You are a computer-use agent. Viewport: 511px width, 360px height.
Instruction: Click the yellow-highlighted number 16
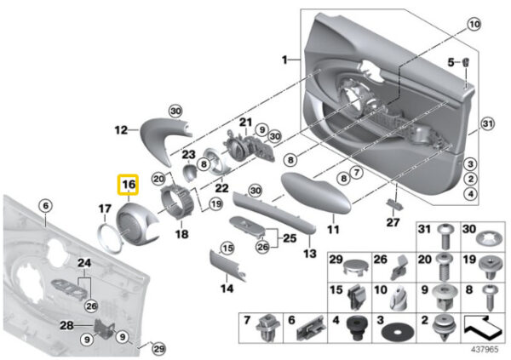click(128, 184)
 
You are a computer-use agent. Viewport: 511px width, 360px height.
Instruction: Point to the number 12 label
click(121, 130)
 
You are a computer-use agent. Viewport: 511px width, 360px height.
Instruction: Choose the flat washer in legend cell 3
click(388, 328)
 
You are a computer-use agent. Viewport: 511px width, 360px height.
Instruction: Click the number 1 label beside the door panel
click(285, 60)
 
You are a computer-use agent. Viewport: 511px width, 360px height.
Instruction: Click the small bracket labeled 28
click(106, 326)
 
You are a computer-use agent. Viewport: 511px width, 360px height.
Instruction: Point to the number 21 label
click(245, 123)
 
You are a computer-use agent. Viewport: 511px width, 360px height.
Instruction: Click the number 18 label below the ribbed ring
click(181, 233)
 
